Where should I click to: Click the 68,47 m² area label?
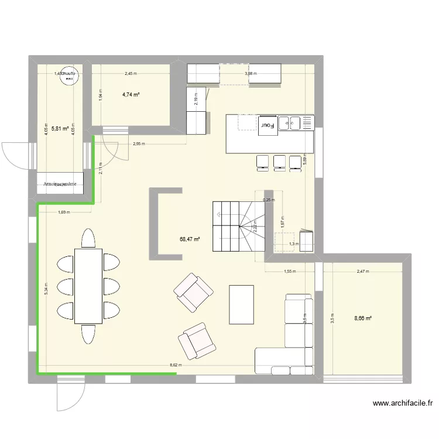(189, 239)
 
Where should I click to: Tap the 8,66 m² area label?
(363, 318)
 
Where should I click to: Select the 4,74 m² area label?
(131, 95)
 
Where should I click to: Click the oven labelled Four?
(267, 125)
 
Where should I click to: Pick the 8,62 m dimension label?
(175, 366)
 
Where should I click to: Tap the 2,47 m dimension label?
(363, 272)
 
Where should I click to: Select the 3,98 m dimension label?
(251, 74)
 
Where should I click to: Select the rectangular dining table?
(88, 285)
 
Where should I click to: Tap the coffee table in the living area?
(241, 304)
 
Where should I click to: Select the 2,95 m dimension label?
(139, 144)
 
